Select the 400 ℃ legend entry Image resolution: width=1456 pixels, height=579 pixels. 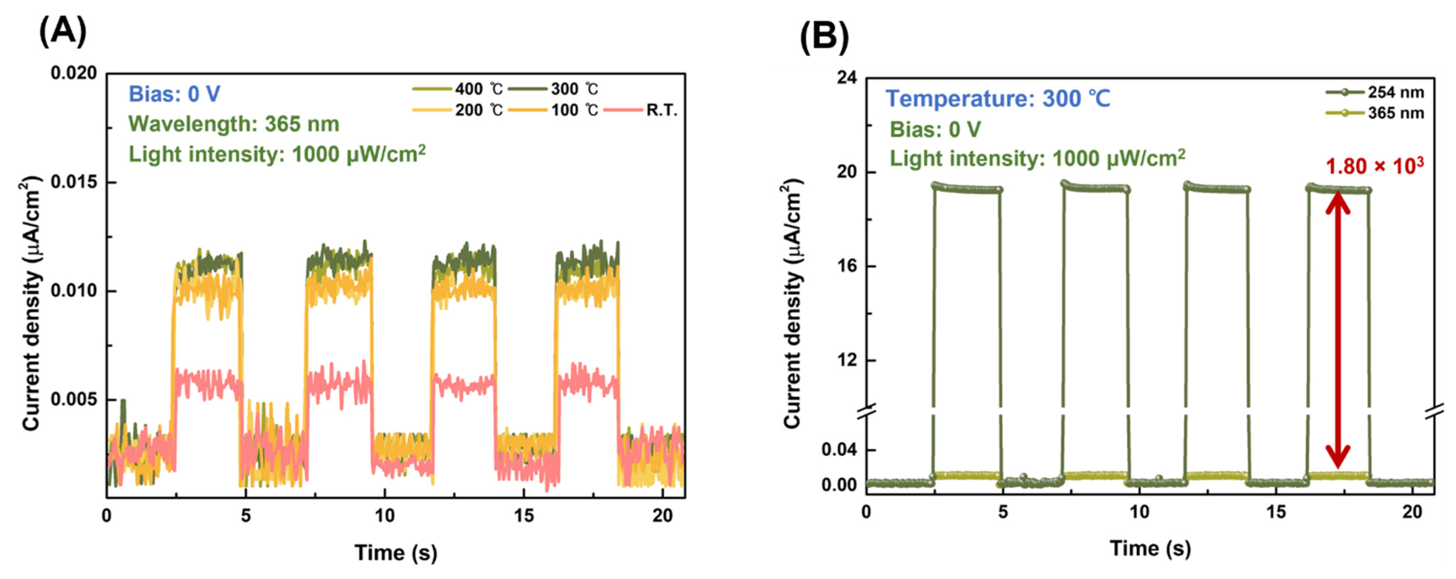(x=457, y=89)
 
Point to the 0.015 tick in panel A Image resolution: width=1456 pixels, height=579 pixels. (x=74, y=183)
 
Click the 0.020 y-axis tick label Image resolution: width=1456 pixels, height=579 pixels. (x=74, y=74)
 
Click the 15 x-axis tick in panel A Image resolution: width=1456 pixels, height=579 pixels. (x=523, y=516)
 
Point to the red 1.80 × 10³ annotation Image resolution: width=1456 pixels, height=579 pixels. (x=1374, y=167)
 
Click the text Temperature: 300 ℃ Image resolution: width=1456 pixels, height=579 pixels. (x=998, y=99)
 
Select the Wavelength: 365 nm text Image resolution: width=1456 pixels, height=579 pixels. (x=234, y=124)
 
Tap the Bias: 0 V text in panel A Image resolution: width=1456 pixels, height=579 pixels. (x=174, y=94)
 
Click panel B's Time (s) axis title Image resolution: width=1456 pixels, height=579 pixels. (x=1150, y=548)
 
